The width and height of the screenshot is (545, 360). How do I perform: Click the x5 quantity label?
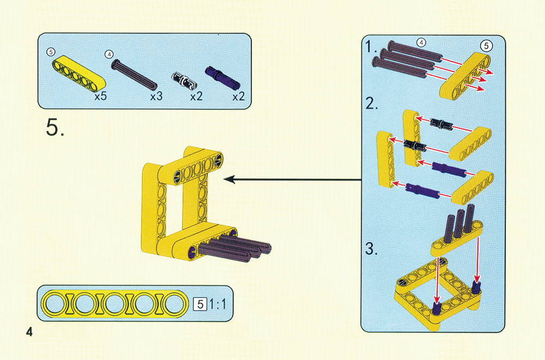point(100,96)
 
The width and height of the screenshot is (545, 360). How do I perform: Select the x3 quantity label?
point(156,96)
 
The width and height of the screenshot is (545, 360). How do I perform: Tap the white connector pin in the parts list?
point(184,80)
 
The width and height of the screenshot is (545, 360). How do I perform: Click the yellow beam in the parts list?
point(79,71)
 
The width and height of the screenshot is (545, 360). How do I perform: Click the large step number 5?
point(55,127)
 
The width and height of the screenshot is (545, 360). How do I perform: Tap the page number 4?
point(29,332)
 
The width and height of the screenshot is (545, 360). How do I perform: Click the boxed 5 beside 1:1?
point(200,304)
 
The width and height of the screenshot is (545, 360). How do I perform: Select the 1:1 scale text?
point(217,304)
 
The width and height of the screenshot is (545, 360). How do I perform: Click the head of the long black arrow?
point(229,179)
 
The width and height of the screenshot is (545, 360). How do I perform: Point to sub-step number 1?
point(371,46)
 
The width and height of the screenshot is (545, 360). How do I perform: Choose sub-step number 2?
point(372,104)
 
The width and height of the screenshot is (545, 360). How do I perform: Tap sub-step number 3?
point(372,249)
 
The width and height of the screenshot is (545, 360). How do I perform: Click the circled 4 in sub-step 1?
point(421,43)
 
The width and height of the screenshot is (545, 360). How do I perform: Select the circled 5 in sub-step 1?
point(486,46)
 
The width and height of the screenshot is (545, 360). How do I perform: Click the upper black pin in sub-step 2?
point(441,124)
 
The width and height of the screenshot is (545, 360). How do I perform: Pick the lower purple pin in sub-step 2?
point(422,190)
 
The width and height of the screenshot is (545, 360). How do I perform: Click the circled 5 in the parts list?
point(51,52)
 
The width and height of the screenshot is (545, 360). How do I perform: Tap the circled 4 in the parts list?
point(109,54)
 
